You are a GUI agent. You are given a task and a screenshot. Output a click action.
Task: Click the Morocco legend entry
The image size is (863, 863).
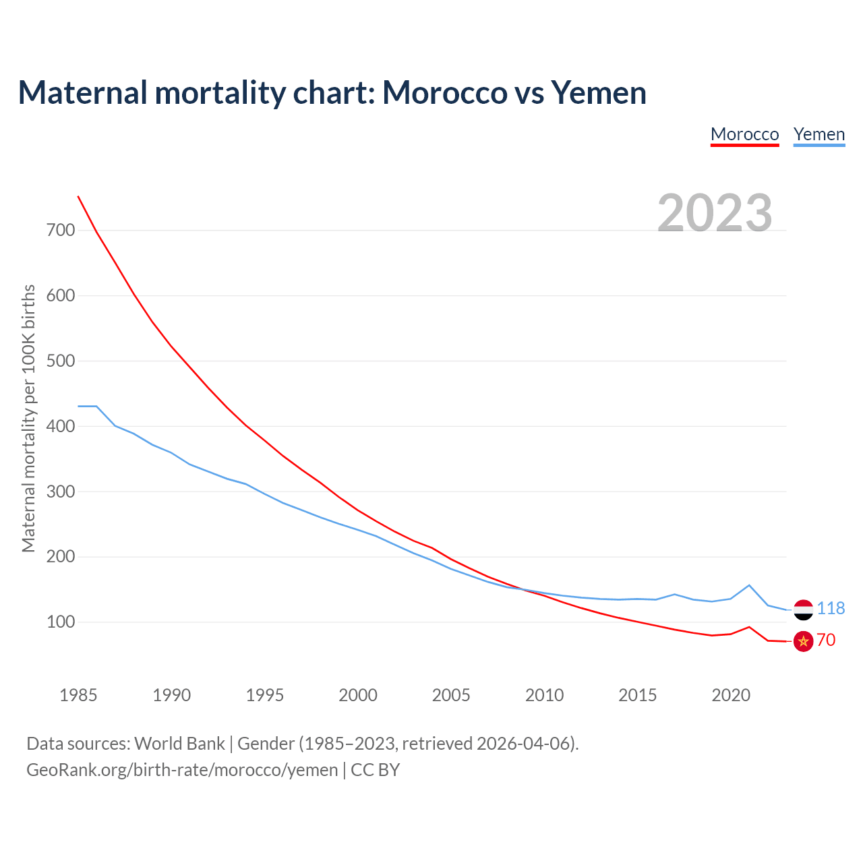[x=744, y=134]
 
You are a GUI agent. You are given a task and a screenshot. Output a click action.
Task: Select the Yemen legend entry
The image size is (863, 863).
[x=819, y=134]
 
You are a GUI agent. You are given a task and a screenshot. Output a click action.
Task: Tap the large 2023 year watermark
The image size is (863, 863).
[x=715, y=212]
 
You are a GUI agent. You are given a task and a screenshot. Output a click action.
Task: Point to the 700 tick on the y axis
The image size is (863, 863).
[x=61, y=230]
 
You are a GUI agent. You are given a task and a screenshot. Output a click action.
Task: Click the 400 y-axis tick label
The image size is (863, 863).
[x=61, y=426]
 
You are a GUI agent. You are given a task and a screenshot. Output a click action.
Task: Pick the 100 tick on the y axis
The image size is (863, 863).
[x=61, y=622]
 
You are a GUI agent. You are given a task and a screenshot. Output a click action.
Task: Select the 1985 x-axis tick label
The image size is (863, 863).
[x=78, y=695]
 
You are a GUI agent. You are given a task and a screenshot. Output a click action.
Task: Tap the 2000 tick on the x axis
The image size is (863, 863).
[x=358, y=695]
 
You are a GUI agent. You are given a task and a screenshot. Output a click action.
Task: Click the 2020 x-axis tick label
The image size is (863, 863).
[x=731, y=695]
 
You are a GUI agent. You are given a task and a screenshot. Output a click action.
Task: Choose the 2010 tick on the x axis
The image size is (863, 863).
[x=544, y=695]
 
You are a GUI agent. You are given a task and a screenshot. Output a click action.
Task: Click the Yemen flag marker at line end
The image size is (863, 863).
[x=803, y=609]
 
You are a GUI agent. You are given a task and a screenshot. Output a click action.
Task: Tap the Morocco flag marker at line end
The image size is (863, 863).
[x=803, y=641]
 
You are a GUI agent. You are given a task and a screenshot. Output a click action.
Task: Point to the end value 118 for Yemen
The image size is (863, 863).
[x=831, y=608]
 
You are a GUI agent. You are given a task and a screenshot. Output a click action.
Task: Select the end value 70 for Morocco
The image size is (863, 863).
[x=826, y=640]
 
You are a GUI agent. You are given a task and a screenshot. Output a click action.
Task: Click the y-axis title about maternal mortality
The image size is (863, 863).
[x=28, y=418]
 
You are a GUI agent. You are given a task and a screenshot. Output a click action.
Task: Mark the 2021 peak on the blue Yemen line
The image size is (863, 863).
[x=749, y=585]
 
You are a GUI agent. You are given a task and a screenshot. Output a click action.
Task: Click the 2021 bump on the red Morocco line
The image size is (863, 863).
[x=749, y=627]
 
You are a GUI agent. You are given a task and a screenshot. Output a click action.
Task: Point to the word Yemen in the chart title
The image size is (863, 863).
[x=599, y=92]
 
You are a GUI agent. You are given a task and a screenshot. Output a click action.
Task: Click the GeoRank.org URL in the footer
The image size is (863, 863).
[x=182, y=769]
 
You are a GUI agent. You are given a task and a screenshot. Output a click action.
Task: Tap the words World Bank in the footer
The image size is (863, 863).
[x=179, y=743]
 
